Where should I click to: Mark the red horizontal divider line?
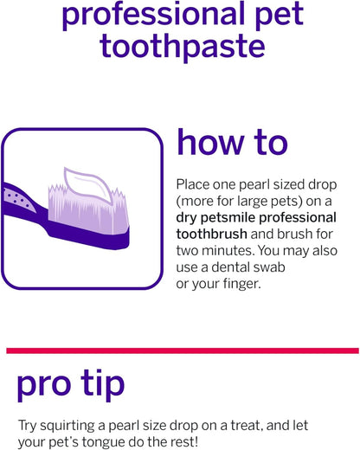click(x=180, y=350)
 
